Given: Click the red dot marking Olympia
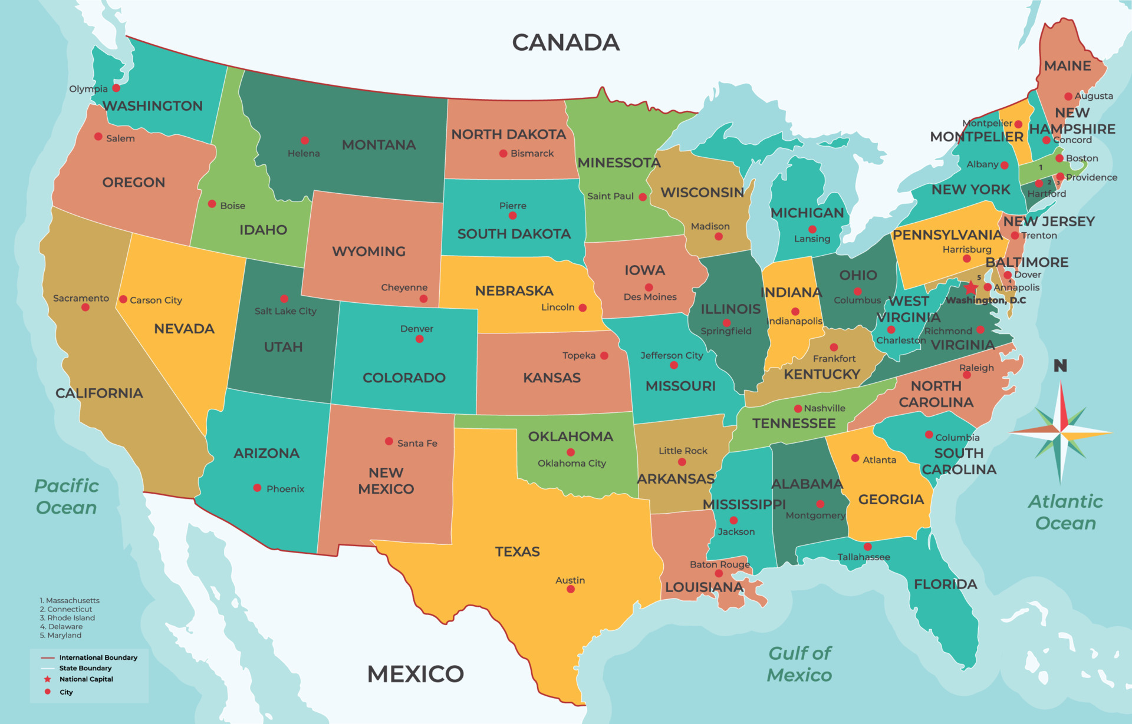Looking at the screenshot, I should coord(116,88).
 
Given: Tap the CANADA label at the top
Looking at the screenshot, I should coord(565,42).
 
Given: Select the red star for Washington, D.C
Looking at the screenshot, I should coord(970,287).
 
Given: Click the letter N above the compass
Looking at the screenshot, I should coord(1060,366).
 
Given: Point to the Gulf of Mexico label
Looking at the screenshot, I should coord(799,664).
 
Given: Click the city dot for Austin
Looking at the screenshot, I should coord(570,589).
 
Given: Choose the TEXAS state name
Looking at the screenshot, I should coord(517,551).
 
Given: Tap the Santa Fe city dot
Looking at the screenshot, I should coord(389,441).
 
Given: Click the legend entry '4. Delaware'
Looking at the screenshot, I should coord(61,627).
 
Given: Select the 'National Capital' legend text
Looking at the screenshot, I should coord(86,679).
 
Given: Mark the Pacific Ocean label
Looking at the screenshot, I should coord(66,497).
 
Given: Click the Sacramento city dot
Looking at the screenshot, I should coord(85,308).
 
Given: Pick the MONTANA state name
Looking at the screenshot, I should coord(379,145).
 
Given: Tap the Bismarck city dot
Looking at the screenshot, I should coord(503,153).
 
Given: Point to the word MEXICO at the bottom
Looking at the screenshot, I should coord(415,674).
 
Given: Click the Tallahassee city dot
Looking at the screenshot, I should coord(867,547).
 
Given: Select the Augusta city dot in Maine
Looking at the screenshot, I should coord(1068,96).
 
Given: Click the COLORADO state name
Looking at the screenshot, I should coord(404,378).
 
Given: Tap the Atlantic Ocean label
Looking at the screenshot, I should coord(1065,512).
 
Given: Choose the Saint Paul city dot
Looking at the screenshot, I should coord(643,197).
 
